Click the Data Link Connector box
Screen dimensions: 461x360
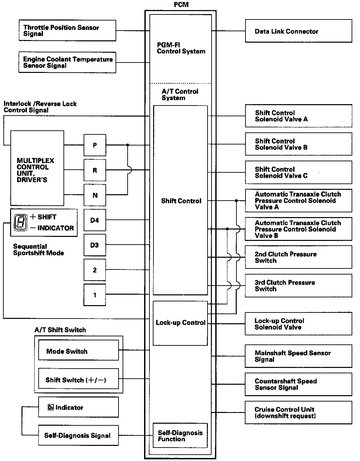tap(298, 31)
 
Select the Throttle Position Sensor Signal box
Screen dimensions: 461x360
tap(67, 31)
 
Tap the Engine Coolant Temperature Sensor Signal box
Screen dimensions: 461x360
tap(67, 62)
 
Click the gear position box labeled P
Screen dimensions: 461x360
tap(95, 145)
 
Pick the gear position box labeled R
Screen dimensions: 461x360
tap(95, 170)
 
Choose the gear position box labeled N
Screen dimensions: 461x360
tap(95, 195)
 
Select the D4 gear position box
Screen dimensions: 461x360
tap(95, 220)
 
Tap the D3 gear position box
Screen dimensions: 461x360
tap(95, 245)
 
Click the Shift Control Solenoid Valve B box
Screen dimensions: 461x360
tap(298, 144)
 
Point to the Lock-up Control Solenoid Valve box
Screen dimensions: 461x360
tap(298, 324)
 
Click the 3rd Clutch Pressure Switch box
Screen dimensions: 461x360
tap(298, 286)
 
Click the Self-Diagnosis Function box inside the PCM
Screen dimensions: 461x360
tap(180, 435)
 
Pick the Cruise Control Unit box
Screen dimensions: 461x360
tap(298, 412)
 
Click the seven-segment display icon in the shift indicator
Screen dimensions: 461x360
tap(20, 222)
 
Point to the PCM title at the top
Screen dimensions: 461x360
tap(181, 5)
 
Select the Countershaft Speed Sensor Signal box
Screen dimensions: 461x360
tap(298, 384)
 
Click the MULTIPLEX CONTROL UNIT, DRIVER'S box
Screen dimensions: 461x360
tap(37, 168)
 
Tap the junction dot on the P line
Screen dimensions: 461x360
tap(128, 145)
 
